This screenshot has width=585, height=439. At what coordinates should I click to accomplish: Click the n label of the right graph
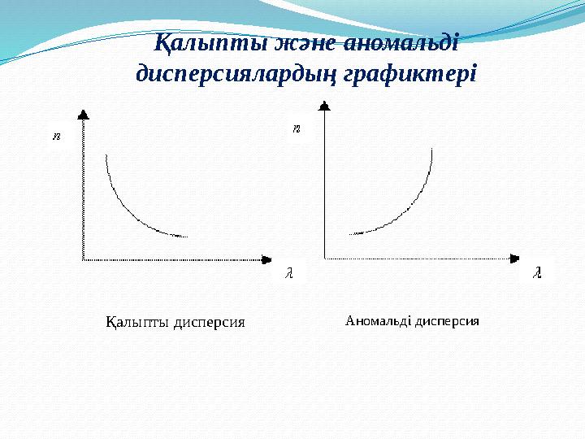tap(297, 128)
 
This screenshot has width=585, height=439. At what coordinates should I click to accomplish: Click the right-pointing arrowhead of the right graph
tap(513, 259)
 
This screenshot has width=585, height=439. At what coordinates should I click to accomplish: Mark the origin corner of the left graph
tap(83, 259)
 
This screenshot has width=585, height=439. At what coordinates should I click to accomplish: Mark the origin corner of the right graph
tap(325, 259)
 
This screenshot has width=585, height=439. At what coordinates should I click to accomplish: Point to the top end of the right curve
tap(432, 149)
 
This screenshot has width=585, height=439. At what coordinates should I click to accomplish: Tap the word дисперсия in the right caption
tap(447, 320)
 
